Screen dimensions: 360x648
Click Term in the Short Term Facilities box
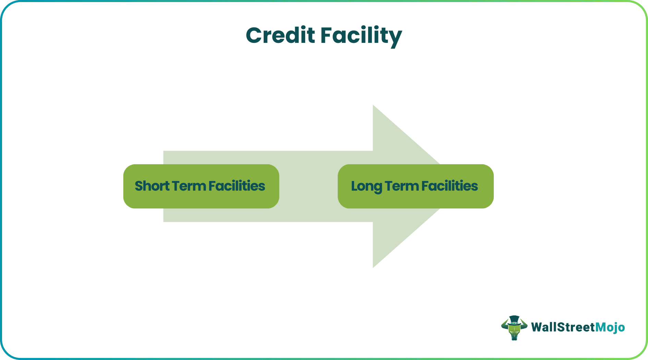pyautogui.click(x=189, y=186)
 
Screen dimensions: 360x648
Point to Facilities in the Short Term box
pyautogui.click(x=237, y=186)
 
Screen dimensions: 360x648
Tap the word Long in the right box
pyautogui.click(x=367, y=186)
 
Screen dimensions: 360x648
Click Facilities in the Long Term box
pyautogui.click(x=449, y=186)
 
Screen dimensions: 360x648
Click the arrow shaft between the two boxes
pyautogui.click(x=309, y=186)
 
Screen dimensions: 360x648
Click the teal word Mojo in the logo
pyautogui.click(x=610, y=327)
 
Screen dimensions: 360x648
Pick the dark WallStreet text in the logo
pyautogui.click(x=563, y=327)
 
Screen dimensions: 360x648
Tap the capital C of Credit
pyautogui.click(x=256, y=36)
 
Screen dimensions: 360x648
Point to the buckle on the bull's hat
pyautogui.click(x=514, y=323)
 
